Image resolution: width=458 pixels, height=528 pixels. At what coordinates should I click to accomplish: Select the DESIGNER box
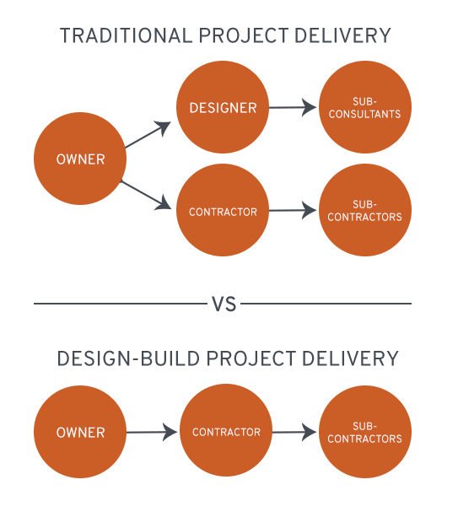(x=223, y=107)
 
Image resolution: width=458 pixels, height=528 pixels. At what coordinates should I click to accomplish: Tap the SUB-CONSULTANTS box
(x=365, y=107)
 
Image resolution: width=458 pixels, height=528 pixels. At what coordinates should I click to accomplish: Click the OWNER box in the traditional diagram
(x=80, y=159)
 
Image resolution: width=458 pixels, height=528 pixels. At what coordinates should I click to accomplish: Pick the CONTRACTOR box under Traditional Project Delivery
(x=223, y=211)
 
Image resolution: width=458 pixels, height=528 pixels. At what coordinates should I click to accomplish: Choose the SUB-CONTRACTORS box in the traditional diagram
(x=365, y=210)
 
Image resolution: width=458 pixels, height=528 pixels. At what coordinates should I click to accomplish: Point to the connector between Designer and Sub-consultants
(x=294, y=107)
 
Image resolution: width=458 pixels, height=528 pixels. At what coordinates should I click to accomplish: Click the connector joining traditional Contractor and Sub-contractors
(x=294, y=210)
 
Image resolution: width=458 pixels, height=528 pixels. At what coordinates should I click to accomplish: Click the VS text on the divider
(x=224, y=304)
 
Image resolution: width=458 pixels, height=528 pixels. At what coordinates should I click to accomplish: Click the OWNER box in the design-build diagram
(x=80, y=432)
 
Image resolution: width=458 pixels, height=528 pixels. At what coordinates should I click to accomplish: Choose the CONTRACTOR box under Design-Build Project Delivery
(x=226, y=431)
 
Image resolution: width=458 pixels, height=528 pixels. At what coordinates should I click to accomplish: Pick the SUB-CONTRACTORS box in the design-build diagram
(x=365, y=432)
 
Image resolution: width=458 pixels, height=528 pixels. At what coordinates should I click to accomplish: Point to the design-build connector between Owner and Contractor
(x=153, y=432)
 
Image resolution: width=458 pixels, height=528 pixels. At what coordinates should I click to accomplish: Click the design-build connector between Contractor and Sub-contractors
(x=295, y=432)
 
